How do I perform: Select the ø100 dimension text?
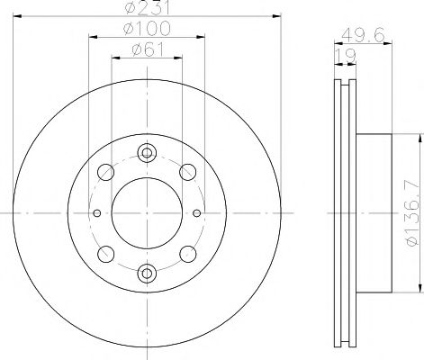pos(148,31)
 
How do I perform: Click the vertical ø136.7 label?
pos(410,213)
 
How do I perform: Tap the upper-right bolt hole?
pos(188,172)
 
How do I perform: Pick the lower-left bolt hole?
pos(106,252)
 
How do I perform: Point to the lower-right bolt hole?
pos(188,252)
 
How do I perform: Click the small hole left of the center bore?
pos(96,212)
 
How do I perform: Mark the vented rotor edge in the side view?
pos(343,213)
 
